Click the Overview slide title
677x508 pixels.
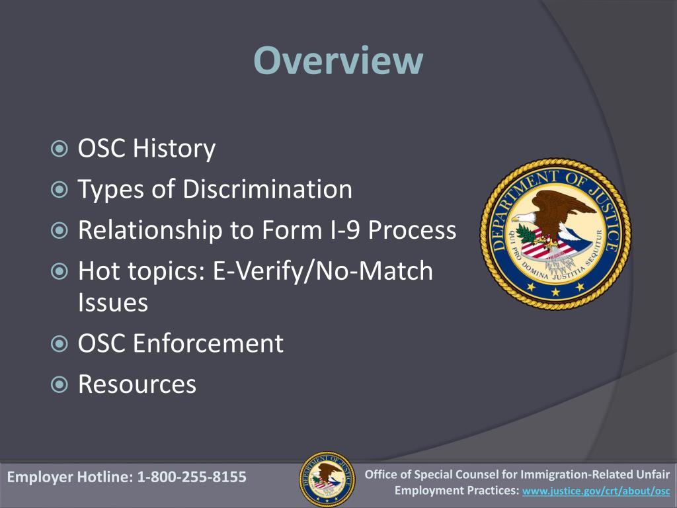[x=338, y=61]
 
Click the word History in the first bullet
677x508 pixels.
[x=174, y=148]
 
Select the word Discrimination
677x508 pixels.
[x=267, y=190]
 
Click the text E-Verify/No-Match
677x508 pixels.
[x=323, y=271]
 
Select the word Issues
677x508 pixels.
[x=112, y=303]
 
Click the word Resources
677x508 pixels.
[x=137, y=384]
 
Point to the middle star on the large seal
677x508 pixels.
[x=555, y=289]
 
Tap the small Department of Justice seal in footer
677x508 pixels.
[x=327, y=479]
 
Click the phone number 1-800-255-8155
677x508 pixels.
[x=191, y=477]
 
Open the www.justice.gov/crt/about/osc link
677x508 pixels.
[x=596, y=491]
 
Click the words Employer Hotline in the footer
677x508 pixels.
[x=69, y=477]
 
